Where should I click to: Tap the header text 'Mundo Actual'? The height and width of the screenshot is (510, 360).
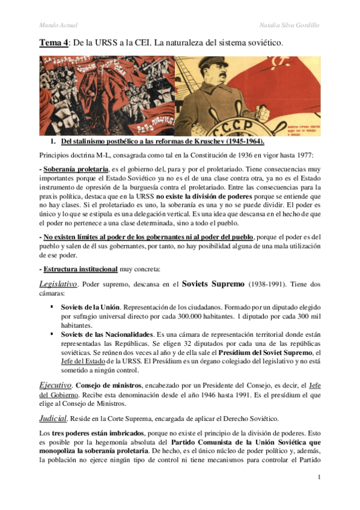coord(58,25)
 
